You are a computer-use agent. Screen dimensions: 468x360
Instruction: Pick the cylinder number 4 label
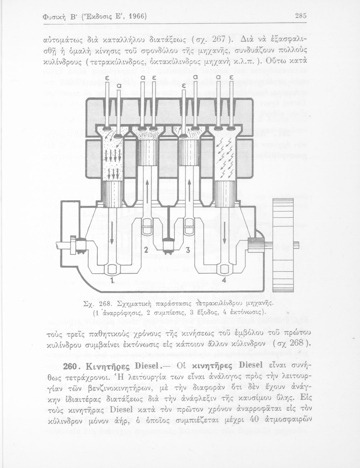click(224, 280)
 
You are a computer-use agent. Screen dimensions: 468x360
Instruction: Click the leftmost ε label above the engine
click(107, 79)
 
